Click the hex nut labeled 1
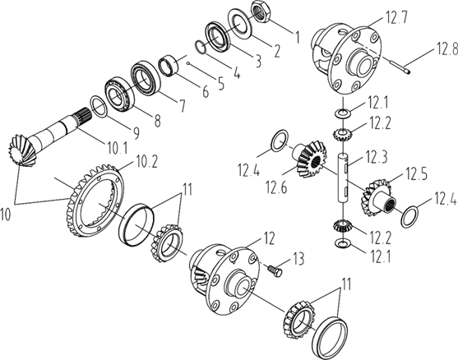pyautogui.click(x=261, y=11)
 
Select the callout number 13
pyautogui.click(x=298, y=259)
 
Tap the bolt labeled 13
pyautogui.click(x=275, y=270)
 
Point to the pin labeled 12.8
pyautogui.click(x=400, y=65)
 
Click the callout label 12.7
pyautogui.click(x=396, y=17)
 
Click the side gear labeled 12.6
pyautogui.click(x=310, y=158)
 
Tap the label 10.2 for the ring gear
pyautogui.click(x=146, y=162)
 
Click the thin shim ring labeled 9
pyautogui.click(x=99, y=107)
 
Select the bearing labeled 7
pyautogui.click(x=146, y=77)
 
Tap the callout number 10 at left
pyautogui.click(x=6, y=214)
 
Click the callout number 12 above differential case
pyautogui.click(x=269, y=238)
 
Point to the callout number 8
pyautogui.click(x=157, y=120)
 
